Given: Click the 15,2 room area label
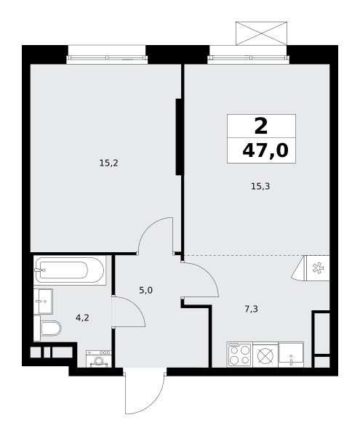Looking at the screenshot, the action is click(x=109, y=163).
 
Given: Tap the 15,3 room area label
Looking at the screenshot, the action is click(x=260, y=186).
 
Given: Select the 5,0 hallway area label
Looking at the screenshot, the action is click(x=145, y=291).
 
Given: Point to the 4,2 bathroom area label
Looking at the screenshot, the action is click(x=82, y=318).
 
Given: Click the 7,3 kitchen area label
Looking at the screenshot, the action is click(x=251, y=309).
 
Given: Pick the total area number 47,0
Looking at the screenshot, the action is click(x=265, y=151).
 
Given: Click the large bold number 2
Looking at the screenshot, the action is click(x=261, y=126).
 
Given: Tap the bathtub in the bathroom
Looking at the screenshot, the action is click(x=70, y=270).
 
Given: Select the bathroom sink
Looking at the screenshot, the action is click(x=43, y=301).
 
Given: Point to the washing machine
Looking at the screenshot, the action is click(x=99, y=359).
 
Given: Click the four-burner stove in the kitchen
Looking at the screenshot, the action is click(x=239, y=355).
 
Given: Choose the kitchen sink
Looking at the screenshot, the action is click(x=291, y=355).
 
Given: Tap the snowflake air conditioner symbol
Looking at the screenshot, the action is click(x=318, y=268).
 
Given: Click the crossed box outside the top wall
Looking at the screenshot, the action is click(x=261, y=33).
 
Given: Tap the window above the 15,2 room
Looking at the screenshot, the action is click(x=107, y=58).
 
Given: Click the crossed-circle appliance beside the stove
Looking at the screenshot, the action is click(x=265, y=356).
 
